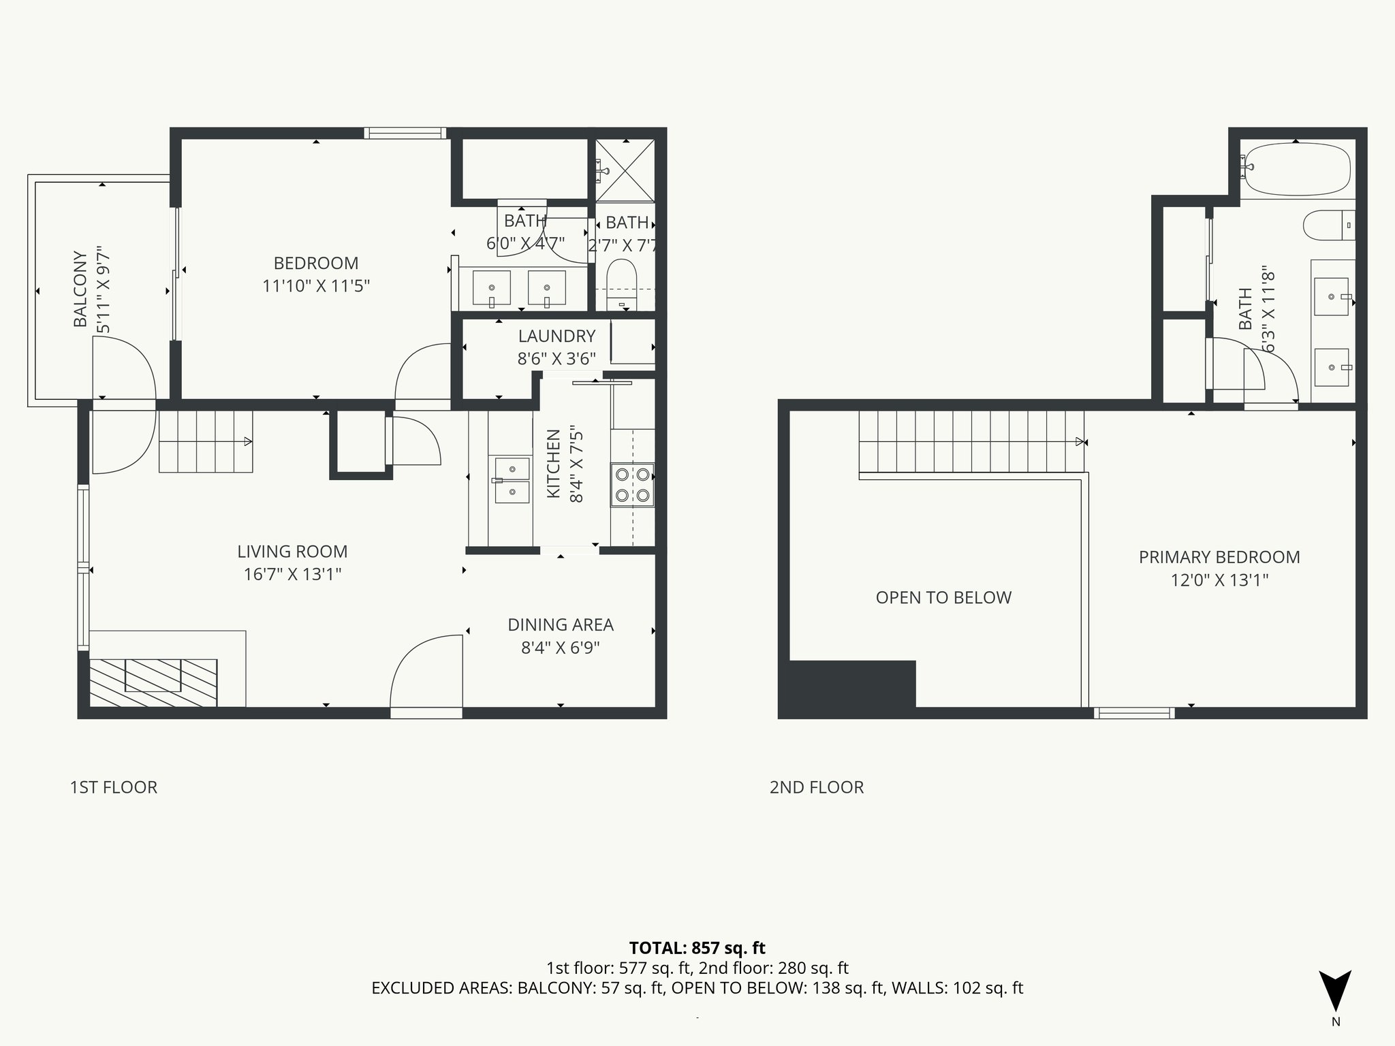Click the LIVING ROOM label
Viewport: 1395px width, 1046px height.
coord(292,552)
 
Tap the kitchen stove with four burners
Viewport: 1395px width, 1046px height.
coord(632,485)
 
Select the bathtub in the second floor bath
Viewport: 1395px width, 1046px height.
coord(1294,168)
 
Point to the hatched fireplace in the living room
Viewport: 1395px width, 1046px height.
coord(153,682)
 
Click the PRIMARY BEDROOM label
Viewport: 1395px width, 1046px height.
coord(1219,557)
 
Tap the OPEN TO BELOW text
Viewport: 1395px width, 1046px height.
coord(943,598)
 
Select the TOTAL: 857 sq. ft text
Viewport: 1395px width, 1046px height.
coord(697,948)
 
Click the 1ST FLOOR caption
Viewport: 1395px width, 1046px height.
coord(113,787)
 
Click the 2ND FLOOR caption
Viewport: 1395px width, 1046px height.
coord(816,787)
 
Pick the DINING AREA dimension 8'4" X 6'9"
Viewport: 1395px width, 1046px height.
coord(560,648)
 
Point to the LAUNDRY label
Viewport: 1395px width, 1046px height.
coord(557,336)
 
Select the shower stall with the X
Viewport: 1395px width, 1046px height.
coord(625,170)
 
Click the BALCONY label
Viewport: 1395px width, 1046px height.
coord(80,289)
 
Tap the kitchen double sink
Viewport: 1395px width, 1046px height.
coord(512,480)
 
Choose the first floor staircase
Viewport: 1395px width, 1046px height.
coord(206,441)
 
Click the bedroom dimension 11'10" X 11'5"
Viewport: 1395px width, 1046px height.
coord(316,286)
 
